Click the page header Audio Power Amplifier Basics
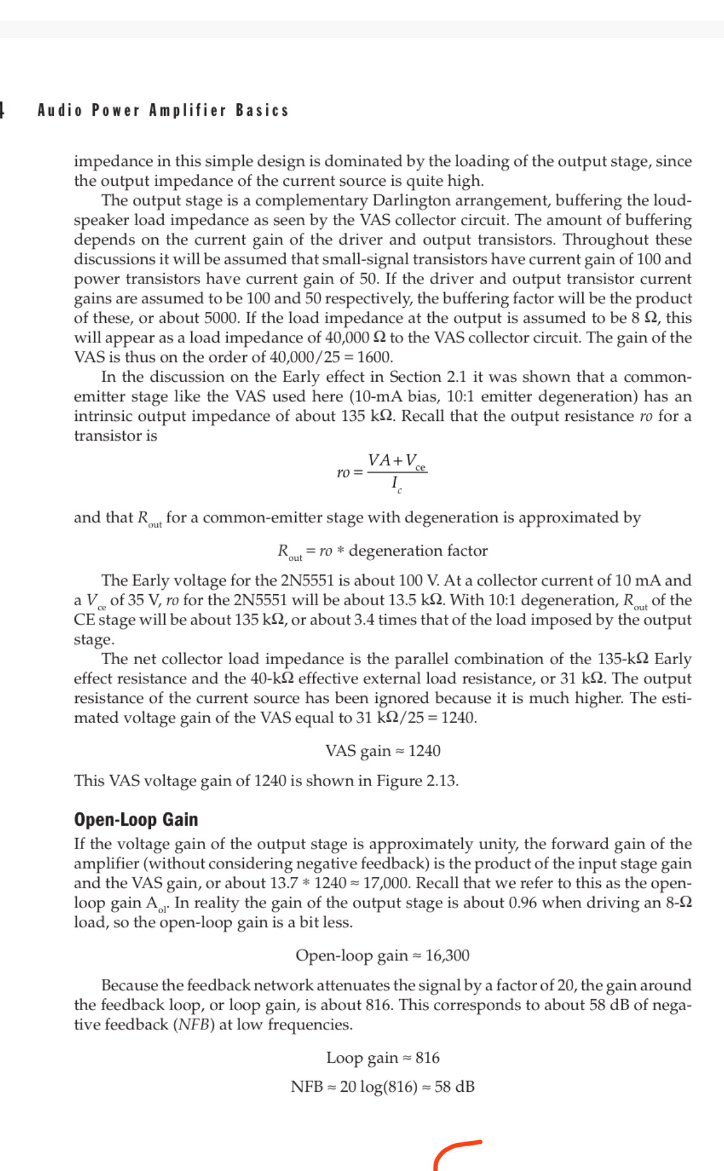(x=163, y=110)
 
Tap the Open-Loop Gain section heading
(x=136, y=819)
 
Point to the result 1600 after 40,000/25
(x=374, y=357)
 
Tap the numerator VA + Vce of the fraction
(x=397, y=462)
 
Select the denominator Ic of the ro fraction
(x=396, y=483)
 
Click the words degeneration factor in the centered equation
(x=418, y=551)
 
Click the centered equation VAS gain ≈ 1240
(x=383, y=751)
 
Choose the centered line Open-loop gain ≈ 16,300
(x=382, y=956)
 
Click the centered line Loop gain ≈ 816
(x=383, y=1058)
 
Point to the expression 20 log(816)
(x=379, y=1087)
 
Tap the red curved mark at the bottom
(x=455, y=1152)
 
